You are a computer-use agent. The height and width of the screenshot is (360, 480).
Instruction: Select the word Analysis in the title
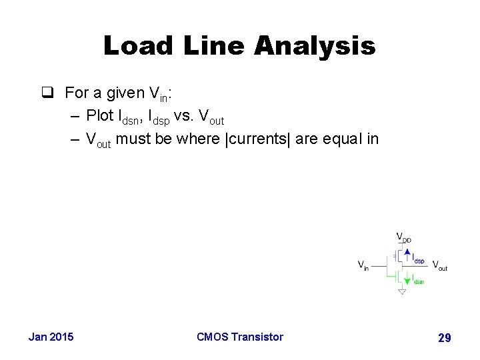click(315, 47)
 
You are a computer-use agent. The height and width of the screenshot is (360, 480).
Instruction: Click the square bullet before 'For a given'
click(47, 93)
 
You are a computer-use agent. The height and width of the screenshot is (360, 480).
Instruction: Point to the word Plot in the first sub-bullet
click(100, 115)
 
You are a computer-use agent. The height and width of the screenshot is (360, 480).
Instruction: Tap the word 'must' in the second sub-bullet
click(134, 139)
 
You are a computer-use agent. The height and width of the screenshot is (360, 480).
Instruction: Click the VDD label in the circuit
click(403, 237)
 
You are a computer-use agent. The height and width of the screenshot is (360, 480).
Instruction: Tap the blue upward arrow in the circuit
click(407, 254)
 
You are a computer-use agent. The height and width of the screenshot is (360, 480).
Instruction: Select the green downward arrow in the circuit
click(407, 280)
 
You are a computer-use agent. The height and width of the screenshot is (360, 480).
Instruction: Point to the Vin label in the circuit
click(363, 265)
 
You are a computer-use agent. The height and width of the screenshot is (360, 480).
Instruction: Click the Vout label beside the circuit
click(439, 265)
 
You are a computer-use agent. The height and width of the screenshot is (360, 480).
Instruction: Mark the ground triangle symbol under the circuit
click(401, 292)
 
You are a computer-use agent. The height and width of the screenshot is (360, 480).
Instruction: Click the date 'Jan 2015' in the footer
click(51, 337)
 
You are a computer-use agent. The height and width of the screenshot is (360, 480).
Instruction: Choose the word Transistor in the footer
click(257, 337)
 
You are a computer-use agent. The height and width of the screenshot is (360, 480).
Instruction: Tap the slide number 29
click(444, 338)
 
